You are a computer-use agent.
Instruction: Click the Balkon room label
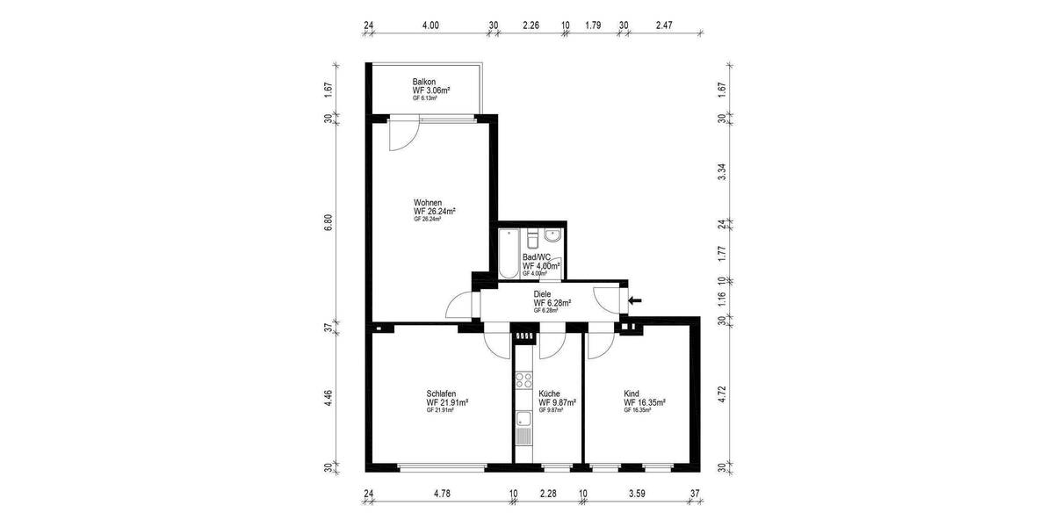tap(425, 82)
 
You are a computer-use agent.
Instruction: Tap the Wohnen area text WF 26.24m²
tap(434, 212)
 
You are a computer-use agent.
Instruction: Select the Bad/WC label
tap(537, 256)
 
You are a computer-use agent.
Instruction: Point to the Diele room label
tap(543, 294)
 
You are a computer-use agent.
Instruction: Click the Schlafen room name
tap(441, 393)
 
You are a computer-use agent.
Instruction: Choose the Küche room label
tap(550, 393)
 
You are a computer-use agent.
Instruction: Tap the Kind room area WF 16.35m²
tap(644, 402)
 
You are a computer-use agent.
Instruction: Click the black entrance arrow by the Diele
tap(635, 301)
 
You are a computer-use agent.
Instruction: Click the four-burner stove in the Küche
tap(524, 380)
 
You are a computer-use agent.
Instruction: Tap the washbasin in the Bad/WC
tap(551, 235)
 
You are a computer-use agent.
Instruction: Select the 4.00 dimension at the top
tap(430, 25)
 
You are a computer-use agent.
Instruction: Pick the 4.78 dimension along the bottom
tap(442, 494)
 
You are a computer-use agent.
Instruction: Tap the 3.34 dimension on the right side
tap(722, 170)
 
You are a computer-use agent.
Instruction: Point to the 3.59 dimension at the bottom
tap(637, 494)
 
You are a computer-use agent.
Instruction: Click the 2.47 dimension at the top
tap(664, 25)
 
